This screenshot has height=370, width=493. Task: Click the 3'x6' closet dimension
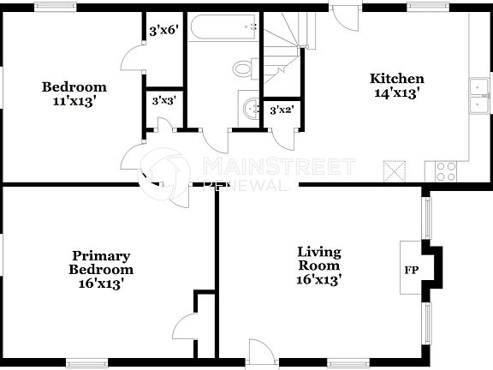[163, 30]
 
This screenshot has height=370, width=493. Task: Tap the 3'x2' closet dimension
[281, 110]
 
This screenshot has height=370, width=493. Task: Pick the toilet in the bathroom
[244, 68]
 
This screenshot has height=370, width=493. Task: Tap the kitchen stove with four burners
[446, 170]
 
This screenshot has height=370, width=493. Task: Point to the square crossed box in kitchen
[394, 170]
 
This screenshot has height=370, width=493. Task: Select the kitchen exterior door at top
[342, 19]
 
